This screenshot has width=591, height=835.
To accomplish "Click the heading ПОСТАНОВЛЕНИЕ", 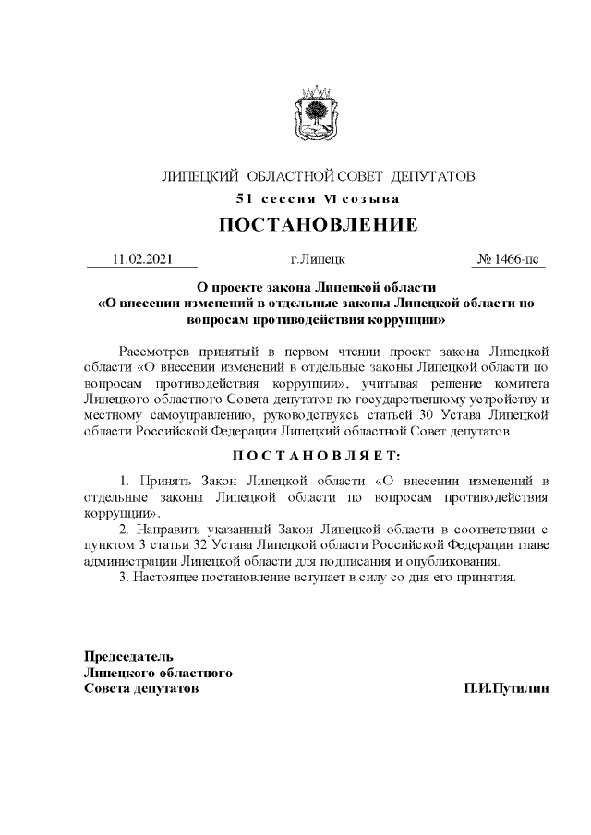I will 318,225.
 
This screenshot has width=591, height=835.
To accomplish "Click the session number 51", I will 245,198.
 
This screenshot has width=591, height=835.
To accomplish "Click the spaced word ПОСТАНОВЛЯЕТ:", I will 318,456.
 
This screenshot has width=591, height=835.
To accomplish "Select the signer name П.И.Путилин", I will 506,688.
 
